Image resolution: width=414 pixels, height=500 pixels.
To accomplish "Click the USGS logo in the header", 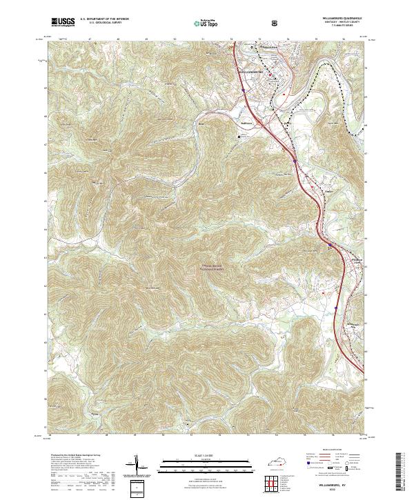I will click(x=63, y=22).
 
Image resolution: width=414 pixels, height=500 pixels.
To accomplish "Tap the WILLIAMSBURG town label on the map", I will click(x=253, y=70).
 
